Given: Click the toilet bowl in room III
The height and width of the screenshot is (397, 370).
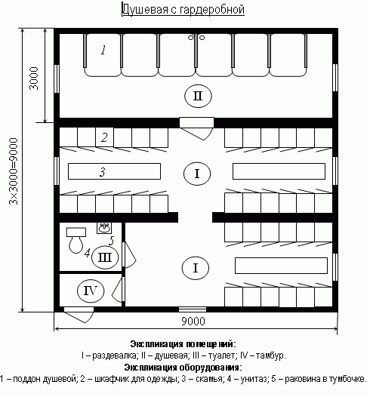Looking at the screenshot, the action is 76,241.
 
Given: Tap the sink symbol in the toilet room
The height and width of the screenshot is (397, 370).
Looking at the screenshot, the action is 104,228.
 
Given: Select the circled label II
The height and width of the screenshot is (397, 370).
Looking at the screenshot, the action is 198,96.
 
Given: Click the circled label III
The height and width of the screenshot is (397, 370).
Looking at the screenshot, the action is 105,257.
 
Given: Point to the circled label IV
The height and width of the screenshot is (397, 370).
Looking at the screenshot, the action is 91,291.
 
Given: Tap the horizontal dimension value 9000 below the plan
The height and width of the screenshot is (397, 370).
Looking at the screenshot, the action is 193,321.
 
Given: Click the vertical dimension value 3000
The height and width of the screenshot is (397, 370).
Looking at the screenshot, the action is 34,78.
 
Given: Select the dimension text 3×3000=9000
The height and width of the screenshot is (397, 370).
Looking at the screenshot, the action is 14,171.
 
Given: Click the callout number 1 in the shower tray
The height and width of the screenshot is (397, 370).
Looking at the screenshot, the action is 103,50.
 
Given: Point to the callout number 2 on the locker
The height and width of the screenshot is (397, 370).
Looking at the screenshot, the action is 104,137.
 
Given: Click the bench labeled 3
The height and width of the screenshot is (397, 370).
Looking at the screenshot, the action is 114,171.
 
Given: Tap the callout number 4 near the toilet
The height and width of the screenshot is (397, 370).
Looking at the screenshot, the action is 88,253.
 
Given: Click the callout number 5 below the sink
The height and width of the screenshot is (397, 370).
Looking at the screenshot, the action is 112,241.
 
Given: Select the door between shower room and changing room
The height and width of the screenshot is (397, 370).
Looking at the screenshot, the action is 197,129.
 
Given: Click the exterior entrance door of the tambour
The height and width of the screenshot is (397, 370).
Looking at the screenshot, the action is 79,315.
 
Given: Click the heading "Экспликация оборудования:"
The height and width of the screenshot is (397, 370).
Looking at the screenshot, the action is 183,367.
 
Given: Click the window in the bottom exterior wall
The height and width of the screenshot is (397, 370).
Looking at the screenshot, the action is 193,309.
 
